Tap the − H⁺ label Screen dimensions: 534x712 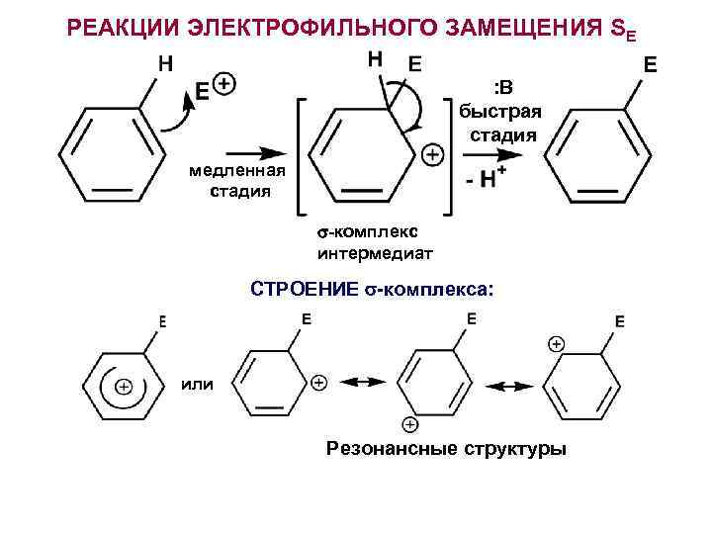click(x=484, y=180)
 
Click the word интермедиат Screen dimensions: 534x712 click(x=375, y=253)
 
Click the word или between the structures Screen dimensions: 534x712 click(x=198, y=384)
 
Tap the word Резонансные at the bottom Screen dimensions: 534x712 click(x=388, y=450)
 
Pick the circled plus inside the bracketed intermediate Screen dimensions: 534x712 click(x=431, y=154)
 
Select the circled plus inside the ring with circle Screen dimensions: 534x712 click(x=124, y=387)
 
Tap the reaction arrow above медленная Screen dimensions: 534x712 click(x=259, y=152)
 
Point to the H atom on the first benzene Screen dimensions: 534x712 click(x=166, y=64)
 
